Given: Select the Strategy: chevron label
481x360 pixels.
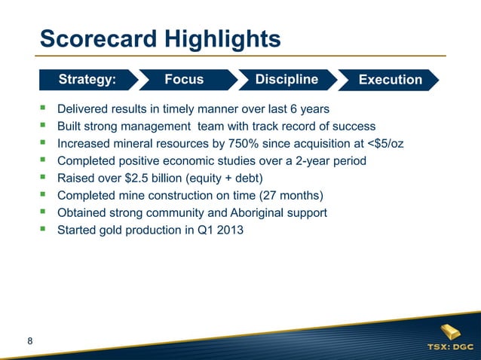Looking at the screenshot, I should pos(87,79).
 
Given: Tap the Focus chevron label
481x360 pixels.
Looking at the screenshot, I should pos(184,79).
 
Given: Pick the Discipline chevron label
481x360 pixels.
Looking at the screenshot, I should pos(286,79).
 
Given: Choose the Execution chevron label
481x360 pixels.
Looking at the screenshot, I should pos(391,80).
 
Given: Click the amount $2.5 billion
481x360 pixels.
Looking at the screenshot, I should pos(149,178).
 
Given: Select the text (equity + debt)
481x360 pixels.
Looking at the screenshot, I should pos(227,178).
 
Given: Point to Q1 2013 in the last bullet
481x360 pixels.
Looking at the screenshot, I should pos(219,230).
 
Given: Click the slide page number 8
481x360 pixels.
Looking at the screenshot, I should pos(29,343).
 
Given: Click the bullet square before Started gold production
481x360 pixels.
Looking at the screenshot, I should pos(44,230).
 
